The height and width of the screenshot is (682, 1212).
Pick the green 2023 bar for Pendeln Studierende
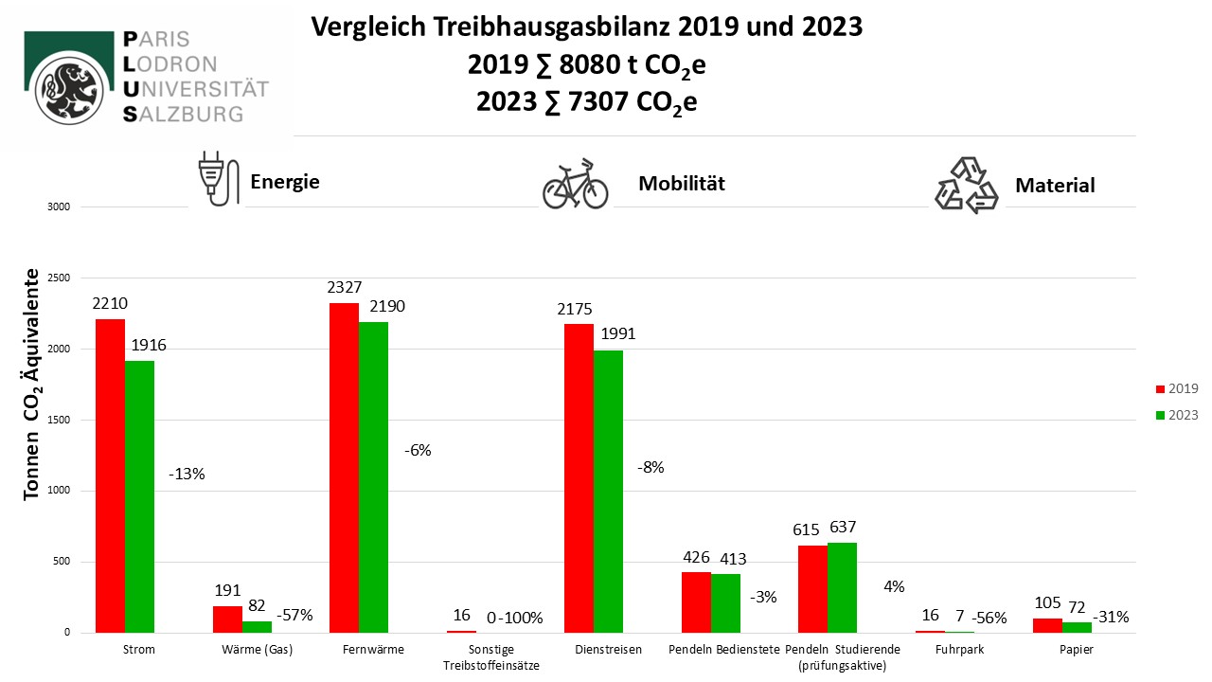pos(842,587)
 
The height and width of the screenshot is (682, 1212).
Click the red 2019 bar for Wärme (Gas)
pos(227,619)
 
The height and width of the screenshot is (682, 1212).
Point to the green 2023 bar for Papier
pos(1077,627)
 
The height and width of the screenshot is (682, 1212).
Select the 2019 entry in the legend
pos(1177,388)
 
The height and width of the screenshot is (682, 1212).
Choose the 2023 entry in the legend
pos(1177,415)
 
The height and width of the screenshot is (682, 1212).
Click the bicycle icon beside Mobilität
pos(575,184)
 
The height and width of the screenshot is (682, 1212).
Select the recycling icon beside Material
pos(966,186)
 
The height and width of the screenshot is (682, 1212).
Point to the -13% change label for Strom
pos(186,474)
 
